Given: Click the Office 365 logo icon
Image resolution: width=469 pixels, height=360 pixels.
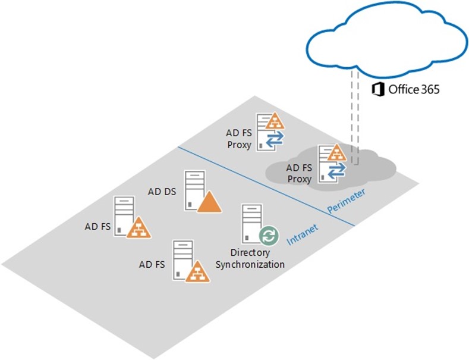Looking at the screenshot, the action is click(x=378, y=89).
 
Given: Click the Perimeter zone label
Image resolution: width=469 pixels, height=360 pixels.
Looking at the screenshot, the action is click(x=347, y=201).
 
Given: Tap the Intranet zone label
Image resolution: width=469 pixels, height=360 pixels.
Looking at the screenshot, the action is click(x=303, y=234).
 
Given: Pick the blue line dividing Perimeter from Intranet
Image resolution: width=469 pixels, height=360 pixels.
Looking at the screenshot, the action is click(x=266, y=186).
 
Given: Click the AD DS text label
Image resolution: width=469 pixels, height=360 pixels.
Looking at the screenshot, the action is click(x=162, y=192).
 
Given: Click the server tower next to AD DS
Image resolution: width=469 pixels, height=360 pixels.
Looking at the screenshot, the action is click(x=195, y=190).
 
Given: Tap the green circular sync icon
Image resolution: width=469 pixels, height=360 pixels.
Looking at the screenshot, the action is click(x=269, y=236).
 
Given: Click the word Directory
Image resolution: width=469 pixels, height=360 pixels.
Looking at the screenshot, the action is click(x=250, y=253).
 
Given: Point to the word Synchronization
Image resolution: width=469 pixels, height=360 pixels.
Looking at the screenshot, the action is click(x=250, y=264).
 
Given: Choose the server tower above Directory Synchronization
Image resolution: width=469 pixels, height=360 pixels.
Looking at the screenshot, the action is click(x=252, y=224).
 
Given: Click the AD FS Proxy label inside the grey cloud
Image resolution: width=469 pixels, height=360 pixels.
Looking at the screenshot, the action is click(x=299, y=173).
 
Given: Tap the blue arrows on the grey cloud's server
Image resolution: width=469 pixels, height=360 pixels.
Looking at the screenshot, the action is click(x=336, y=170).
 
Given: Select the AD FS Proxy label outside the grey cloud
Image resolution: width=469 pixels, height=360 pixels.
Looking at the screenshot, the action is click(x=239, y=139).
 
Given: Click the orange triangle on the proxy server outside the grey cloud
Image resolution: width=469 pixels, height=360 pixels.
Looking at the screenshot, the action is click(x=274, y=121).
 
